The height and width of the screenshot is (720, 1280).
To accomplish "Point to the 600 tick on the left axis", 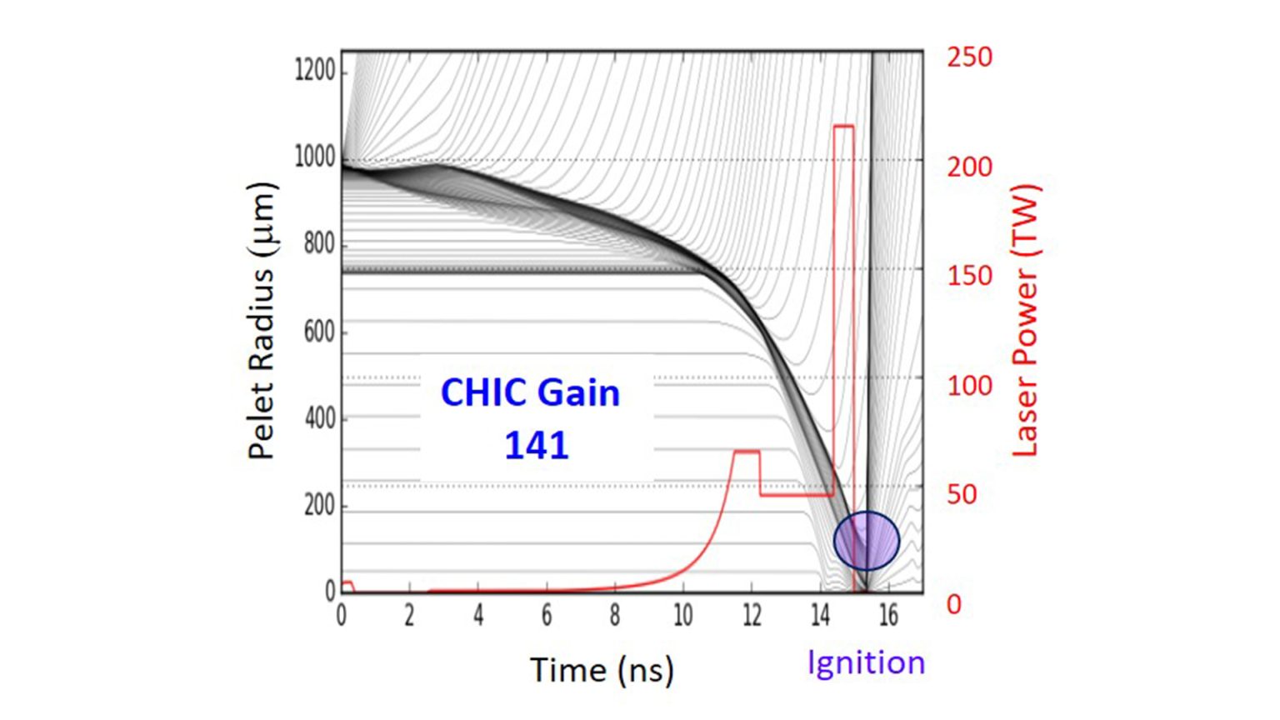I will coord(318,332).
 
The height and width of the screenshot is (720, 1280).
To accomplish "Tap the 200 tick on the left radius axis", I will coord(318,505).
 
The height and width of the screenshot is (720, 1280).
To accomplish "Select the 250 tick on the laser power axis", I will coord(969,57).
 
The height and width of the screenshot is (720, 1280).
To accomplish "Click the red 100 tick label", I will coord(969,386).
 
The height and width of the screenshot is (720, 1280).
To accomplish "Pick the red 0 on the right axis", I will coord(954,603).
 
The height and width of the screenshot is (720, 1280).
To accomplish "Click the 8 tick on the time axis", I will coord(614,616).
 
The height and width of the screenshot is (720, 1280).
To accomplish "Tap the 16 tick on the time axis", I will coord(887,616).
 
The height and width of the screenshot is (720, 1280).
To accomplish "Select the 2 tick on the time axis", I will coord(409,616).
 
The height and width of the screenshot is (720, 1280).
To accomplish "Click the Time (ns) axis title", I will coord(602,670).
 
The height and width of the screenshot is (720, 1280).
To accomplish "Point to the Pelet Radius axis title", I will coord(261,321).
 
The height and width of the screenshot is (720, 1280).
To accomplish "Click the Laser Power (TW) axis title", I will coord(1024,321).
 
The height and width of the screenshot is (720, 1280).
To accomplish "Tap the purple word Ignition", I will coord(866,663).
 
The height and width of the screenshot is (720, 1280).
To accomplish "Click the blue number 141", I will coord(536,446).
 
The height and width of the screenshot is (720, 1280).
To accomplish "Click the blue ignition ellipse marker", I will coord(867,541).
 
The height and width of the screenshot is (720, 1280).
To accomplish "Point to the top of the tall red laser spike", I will coord(843,127).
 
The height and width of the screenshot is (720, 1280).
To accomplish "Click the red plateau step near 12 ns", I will coord(747,452).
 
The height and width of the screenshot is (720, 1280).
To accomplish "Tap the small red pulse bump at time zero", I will coord(347,583).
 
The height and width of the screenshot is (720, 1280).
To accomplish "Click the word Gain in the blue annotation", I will coord(578,393).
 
